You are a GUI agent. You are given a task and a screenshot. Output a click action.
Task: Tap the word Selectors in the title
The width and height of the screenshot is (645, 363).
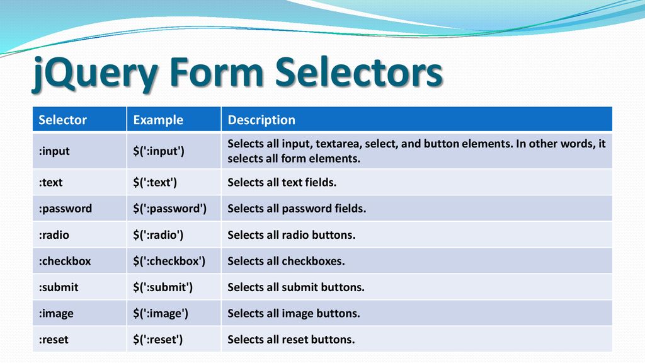click(358, 72)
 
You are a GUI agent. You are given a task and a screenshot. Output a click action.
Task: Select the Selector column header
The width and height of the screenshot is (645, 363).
click(62, 120)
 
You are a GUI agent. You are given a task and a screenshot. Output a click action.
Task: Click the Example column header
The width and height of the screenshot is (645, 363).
click(158, 120)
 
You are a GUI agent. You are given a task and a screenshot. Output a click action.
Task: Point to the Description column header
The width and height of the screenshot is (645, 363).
click(261, 120)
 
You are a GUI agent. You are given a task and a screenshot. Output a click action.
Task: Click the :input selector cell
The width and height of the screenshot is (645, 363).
click(54, 151)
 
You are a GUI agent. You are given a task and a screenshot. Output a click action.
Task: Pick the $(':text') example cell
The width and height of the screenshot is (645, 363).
click(155, 182)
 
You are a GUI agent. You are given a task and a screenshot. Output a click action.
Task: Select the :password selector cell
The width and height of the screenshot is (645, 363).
click(66, 209)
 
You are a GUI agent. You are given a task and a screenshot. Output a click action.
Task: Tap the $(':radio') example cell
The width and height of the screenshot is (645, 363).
click(158, 235)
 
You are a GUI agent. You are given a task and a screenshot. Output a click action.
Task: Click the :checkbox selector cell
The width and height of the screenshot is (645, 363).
click(65, 261)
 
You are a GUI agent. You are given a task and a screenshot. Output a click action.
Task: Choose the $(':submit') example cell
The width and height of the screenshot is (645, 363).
click(163, 287)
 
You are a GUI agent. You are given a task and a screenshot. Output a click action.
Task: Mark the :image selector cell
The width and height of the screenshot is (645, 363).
click(56, 314)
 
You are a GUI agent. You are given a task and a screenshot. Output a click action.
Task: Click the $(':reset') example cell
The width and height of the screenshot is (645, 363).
click(157, 340)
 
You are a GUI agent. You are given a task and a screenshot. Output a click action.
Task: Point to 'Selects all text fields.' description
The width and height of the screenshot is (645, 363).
click(282, 182)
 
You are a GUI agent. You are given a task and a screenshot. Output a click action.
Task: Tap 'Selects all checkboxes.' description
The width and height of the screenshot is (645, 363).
click(286, 261)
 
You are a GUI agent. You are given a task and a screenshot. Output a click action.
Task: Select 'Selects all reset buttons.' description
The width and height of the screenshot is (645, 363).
click(291, 340)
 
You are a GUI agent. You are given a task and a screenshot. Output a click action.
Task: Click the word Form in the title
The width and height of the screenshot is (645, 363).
click(217, 72)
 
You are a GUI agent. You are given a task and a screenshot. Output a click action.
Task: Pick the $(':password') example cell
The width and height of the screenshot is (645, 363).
click(169, 209)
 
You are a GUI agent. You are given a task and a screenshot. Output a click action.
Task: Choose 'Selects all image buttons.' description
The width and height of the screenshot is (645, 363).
click(294, 314)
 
